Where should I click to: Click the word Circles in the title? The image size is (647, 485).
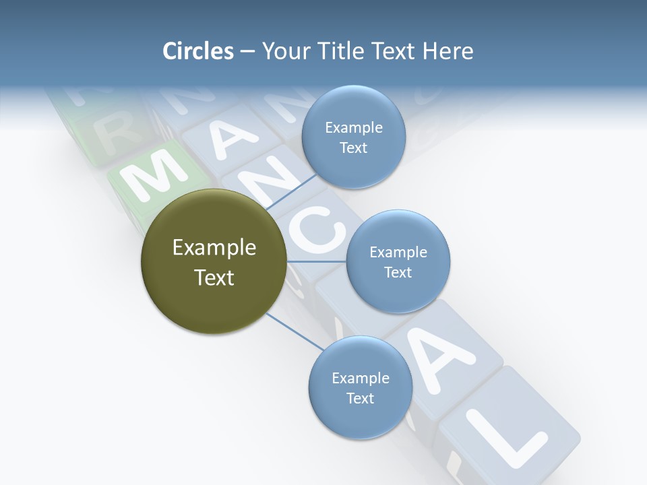click(197, 51)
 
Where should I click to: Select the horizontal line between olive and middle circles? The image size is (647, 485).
click(316, 261)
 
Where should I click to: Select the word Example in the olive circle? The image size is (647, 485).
click(214, 248)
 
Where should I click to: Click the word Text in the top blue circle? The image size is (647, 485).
click(353, 148)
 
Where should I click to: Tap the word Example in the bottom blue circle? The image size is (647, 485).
click(360, 378)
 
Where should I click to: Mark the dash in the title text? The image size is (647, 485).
click(247, 51)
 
